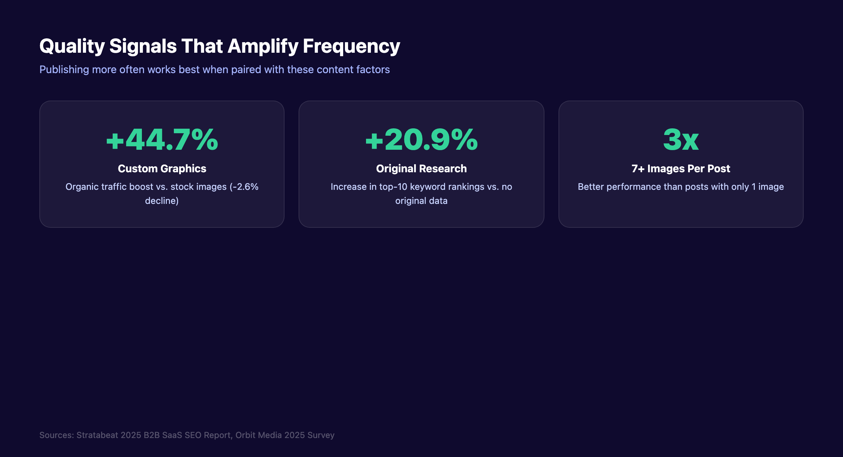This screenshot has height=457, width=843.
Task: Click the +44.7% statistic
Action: click(162, 140)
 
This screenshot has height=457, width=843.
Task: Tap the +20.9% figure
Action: click(421, 140)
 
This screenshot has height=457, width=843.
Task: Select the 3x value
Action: click(681, 140)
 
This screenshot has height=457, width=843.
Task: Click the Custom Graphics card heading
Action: click(162, 169)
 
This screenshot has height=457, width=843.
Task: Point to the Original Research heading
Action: click(421, 169)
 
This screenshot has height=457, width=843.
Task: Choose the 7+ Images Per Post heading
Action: click(681, 169)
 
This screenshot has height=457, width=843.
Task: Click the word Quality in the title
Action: click(72, 46)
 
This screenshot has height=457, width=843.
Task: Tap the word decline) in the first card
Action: click(162, 201)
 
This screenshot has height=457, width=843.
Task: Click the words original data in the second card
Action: click(421, 201)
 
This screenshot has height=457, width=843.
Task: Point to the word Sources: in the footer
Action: click(57, 435)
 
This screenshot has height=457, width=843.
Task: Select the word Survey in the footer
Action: click(321, 435)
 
